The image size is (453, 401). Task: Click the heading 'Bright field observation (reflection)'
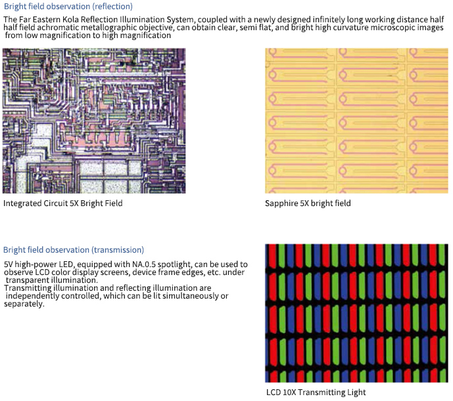[68, 7]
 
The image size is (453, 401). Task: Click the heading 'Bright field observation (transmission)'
[74, 250]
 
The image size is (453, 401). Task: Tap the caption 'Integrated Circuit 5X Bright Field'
[63, 203]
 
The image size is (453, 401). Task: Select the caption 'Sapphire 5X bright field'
[308, 203]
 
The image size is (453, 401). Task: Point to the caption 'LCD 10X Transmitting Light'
[316, 392]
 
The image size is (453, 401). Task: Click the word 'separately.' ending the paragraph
[24, 304]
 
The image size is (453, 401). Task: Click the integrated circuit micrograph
[94, 121]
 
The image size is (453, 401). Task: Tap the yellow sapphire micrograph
[356, 121]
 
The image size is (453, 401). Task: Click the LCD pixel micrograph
[356, 313]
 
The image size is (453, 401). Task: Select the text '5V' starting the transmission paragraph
[9, 264]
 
